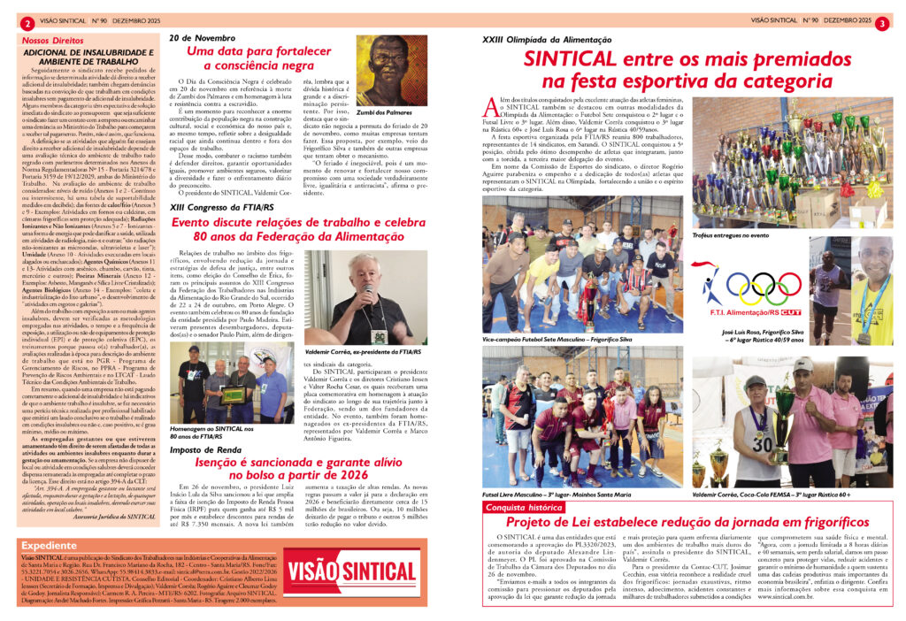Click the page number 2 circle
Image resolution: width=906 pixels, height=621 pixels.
pyautogui.click(x=29, y=23)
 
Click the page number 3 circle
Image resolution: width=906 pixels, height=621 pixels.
pyautogui.click(x=882, y=23)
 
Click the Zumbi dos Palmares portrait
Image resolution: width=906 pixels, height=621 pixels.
pyautogui.click(x=391, y=71)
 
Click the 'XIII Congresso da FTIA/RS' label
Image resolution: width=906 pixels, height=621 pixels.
pyautogui.click(x=224, y=205)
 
